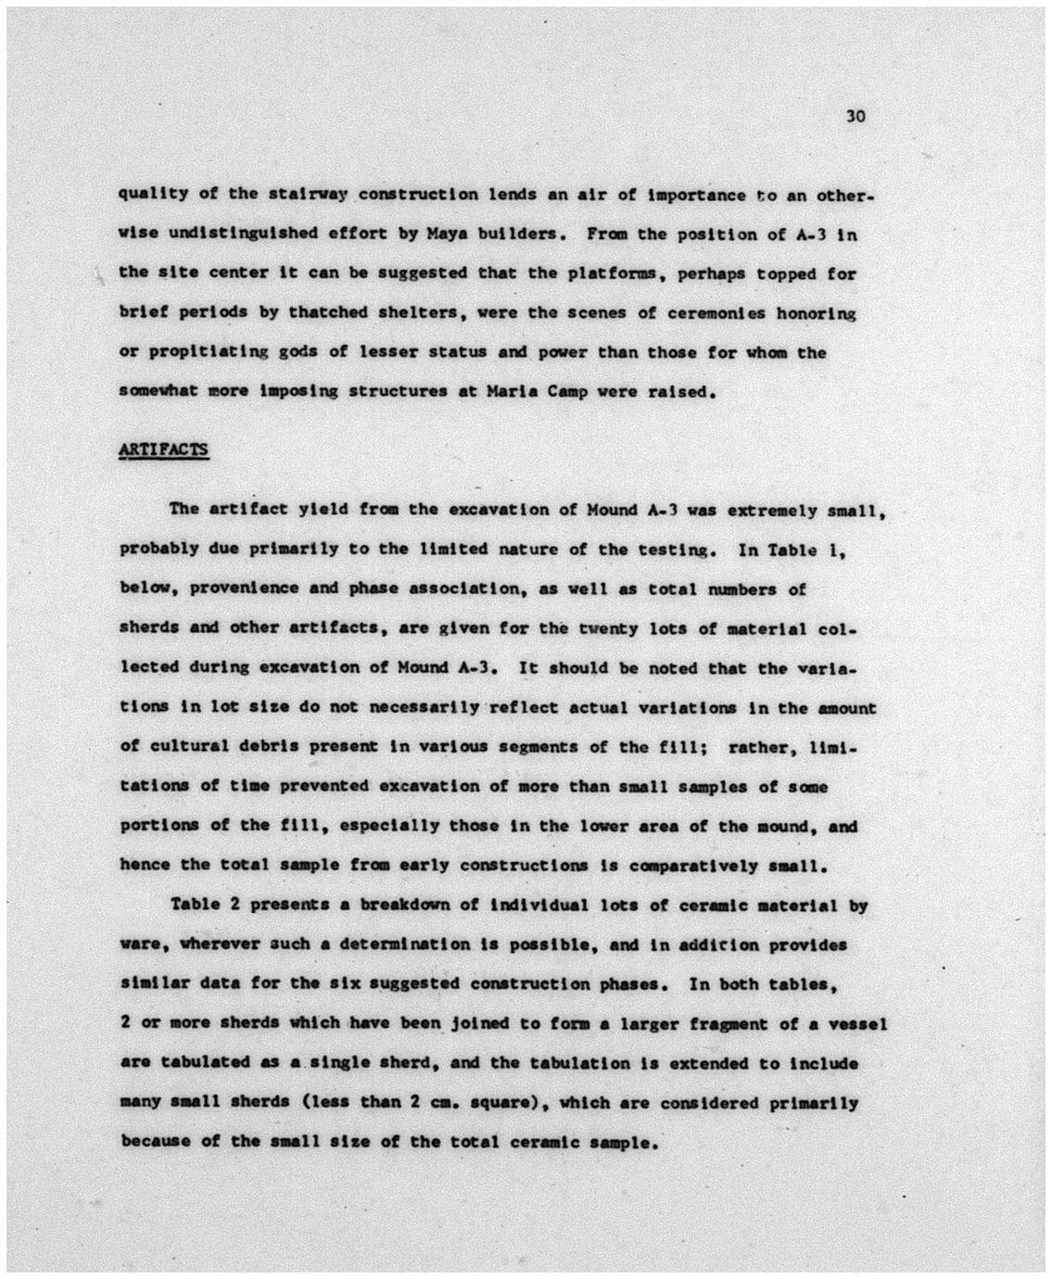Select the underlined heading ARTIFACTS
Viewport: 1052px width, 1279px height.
[164, 450]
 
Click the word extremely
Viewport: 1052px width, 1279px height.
[766, 510]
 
